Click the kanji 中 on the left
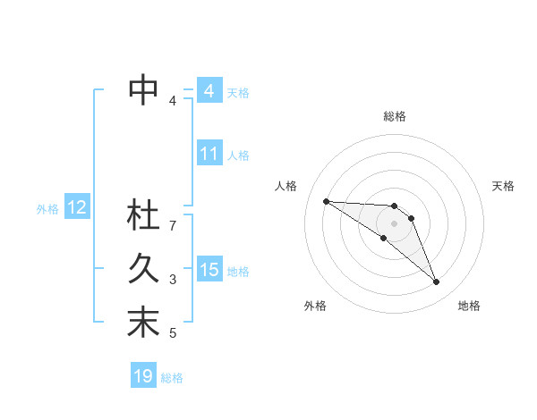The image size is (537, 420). pos(144,89)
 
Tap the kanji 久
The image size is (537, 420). pos(144,269)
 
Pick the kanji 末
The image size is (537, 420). pos(144,323)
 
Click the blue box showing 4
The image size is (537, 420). pos(209,91)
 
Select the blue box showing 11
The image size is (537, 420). pos(209,154)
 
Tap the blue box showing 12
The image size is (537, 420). pos(76,208)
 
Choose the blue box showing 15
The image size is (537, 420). pos(209,270)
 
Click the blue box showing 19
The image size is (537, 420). pos(142,376)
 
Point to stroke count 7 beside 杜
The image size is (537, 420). pos(173,226)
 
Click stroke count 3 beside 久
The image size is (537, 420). pos(173,280)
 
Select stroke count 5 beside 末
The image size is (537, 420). pos(173,333)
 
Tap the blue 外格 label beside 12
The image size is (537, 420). pos(47,209)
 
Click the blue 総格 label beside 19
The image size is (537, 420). pos(172,378)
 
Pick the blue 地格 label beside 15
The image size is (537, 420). pos(238,272)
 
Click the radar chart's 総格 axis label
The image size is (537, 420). pos(395,116)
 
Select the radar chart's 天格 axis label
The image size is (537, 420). pos(504,186)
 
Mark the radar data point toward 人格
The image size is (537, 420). pos(326,201)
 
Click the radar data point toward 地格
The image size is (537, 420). pos(436,282)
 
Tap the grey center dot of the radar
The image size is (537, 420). pos(395,223)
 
